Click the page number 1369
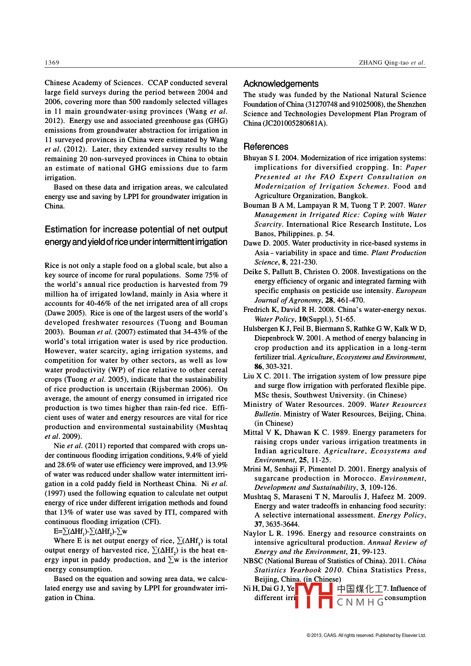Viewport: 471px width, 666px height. coord(52,62)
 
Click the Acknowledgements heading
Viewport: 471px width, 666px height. coord(281,84)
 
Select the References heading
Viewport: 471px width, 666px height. coord(266,147)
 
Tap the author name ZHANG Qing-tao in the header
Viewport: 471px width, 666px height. coord(383,62)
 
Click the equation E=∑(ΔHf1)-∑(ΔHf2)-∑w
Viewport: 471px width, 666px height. coord(91,531)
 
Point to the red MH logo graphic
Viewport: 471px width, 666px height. coord(314,595)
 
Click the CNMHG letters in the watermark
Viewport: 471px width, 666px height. coord(361,602)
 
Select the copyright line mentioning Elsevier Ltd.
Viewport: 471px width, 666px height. coord(366,635)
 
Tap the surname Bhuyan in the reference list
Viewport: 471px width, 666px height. coord(256,158)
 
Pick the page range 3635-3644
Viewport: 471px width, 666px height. coord(282,524)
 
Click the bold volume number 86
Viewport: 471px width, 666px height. coord(258,366)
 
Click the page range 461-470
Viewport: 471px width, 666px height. coord(350,300)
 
